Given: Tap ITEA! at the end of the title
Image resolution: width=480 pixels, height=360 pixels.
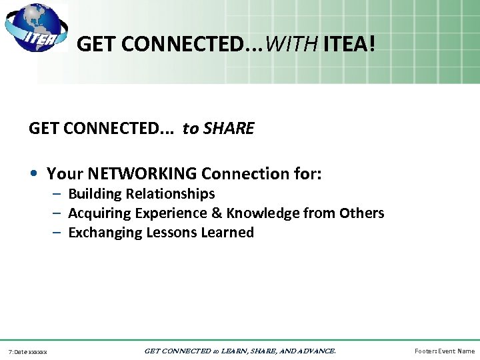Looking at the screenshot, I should pyautogui.click(x=349, y=45).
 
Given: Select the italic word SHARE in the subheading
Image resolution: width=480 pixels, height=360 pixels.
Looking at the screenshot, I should pyautogui.click(x=229, y=129).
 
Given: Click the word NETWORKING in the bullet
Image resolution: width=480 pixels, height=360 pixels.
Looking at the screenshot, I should pyautogui.click(x=142, y=174).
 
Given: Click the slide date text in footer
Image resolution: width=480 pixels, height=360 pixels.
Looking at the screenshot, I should pyautogui.click(x=28, y=351).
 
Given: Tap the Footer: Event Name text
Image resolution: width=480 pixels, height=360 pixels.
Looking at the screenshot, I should pyautogui.click(x=445, y=351).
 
